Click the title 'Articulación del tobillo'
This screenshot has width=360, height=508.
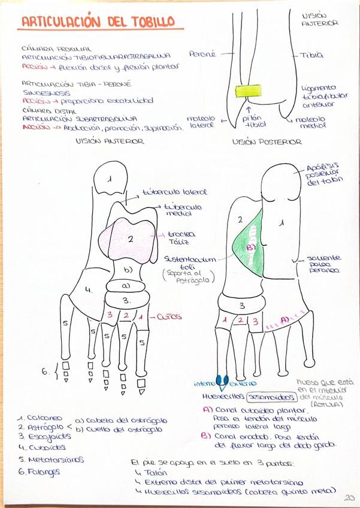coord(98,22)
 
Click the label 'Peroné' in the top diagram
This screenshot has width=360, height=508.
coord(202,54)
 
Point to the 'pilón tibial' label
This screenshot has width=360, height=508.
coord(254,121)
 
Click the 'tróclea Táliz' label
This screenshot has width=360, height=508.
coord(179,238)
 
